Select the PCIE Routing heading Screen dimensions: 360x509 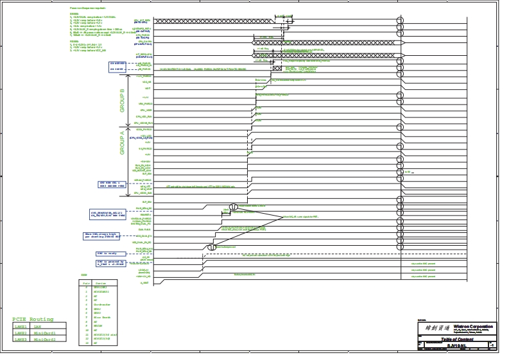(x=38, y=319)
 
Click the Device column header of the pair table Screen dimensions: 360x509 (x=101, y=282)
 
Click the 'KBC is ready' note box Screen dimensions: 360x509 (x=100, y=254)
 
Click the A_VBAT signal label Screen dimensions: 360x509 (x=146, y=283)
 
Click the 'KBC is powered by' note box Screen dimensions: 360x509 (x=106, y=263)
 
